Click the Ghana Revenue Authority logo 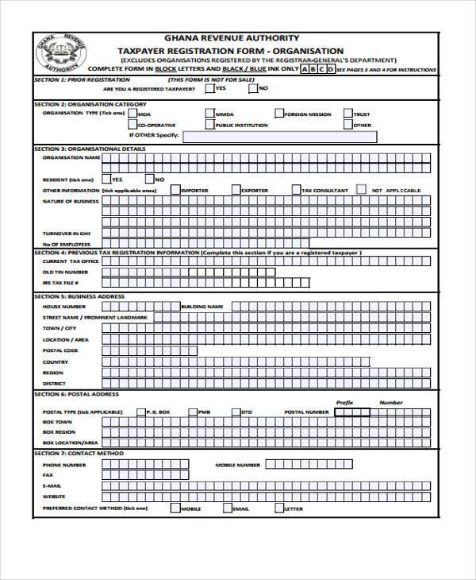[62, 55]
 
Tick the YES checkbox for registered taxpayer [209, 89]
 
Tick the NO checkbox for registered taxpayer [252, 89]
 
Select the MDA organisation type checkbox [132, 114]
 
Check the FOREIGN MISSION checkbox [278, 114]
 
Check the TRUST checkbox [347, 114]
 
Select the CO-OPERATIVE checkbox [132, 125]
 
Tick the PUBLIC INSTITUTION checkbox [209, 125]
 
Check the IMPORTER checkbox [175, 190]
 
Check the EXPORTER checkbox [236, 190]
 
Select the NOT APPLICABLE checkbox [361, 190]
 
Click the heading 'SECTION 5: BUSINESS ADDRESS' [79, 296]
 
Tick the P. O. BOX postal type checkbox [139, 412]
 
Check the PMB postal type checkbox [193, 412]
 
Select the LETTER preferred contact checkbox [278, 508]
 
